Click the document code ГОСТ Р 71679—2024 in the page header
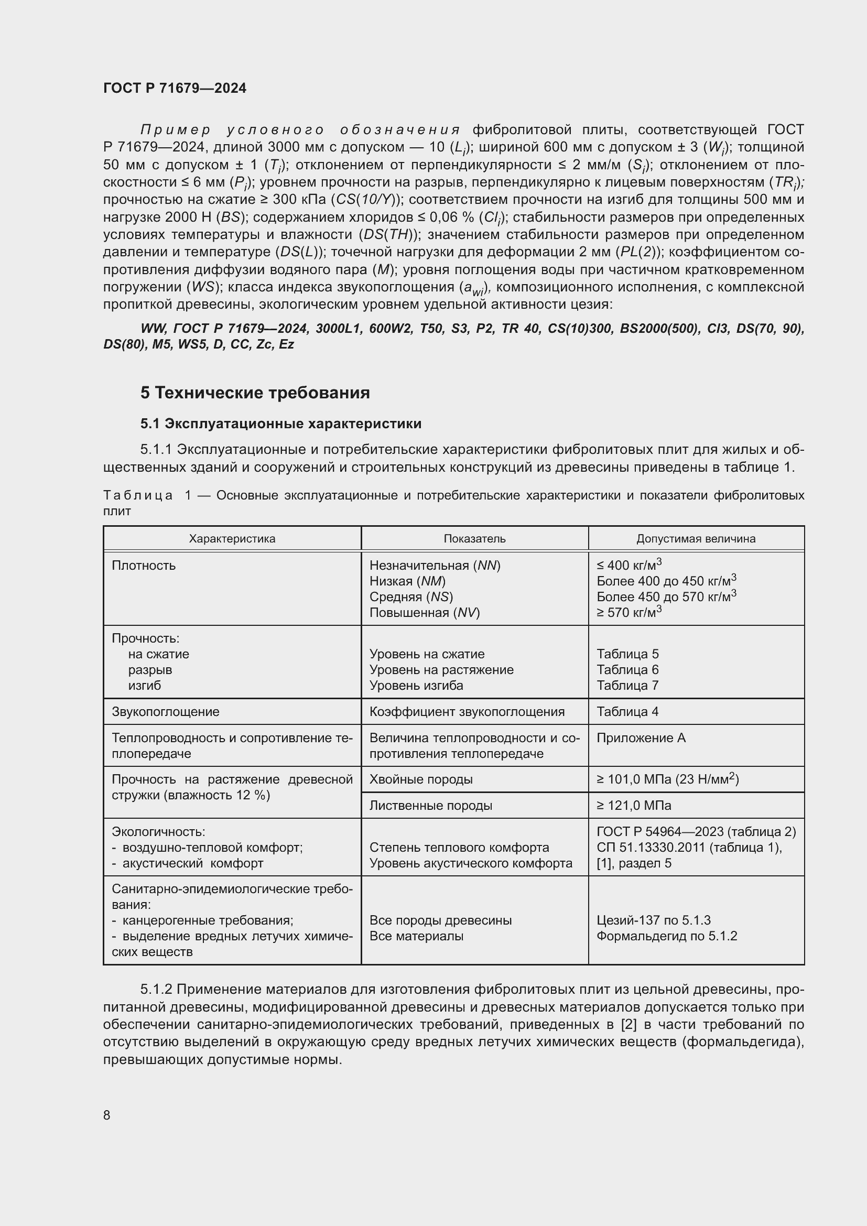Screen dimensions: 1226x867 175,88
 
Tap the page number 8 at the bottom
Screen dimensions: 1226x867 107,1115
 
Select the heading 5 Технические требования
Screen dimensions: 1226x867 255,393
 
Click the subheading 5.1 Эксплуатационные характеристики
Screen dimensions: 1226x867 281,424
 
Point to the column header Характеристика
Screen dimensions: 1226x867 232,539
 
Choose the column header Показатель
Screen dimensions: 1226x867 474,539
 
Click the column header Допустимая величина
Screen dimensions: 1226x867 696,539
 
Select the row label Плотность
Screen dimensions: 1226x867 144,566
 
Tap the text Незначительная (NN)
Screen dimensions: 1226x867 435,566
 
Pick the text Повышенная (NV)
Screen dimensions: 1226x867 425,612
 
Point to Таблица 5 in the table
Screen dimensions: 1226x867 627,654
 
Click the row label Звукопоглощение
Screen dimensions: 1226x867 166,712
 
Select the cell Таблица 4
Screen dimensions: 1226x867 627,712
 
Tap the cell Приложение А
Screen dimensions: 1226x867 641,738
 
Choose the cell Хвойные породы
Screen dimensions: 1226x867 421,779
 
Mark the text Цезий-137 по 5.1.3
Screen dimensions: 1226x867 654,920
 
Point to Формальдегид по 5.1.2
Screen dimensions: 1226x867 667,936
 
